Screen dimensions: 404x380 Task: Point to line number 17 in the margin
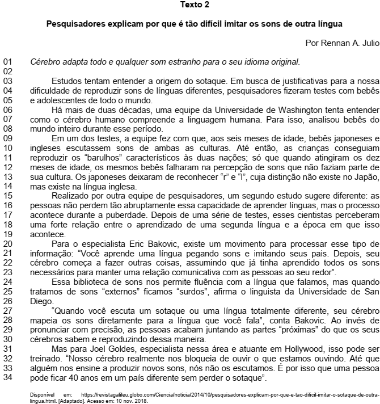pyautogui.click(x=7, y=216)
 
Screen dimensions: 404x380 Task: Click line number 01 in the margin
pyautogui.click(x=7, y=62)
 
